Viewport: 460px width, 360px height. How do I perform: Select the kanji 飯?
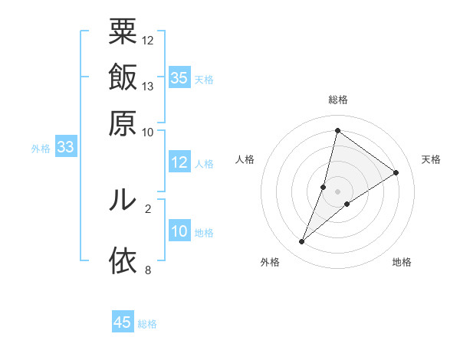(x=123, y=77)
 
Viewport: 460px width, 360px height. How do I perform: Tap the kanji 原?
(x=123, y=123)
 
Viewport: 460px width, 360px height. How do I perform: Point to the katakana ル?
(x=123, y=200)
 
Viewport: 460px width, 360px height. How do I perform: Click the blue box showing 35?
(x=179, y=77)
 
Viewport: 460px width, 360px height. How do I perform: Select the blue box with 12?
(x=179, y=162)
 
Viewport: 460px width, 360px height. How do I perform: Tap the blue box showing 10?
(x=179, y=231)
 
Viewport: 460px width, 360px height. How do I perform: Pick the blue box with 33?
(x=65, y=148)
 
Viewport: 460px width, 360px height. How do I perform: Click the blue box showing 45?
(x=123, y=322)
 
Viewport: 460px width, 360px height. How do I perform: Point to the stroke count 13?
(x=148, y=86)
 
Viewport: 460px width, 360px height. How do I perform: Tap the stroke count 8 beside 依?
(x=148, y=270)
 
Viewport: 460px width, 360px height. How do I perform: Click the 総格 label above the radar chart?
(x=337, y=100)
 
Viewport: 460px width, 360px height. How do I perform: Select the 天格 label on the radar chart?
(x=431, y=159)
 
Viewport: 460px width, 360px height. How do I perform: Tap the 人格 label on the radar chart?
(x=245, y=159)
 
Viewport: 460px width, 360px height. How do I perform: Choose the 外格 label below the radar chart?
(x=270, y=263)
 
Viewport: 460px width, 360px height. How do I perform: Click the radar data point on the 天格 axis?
(x=396, y=172)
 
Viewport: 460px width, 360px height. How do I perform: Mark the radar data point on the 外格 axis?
(x=302, y=242)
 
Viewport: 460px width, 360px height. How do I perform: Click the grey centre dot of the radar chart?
(x=337, y=191)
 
